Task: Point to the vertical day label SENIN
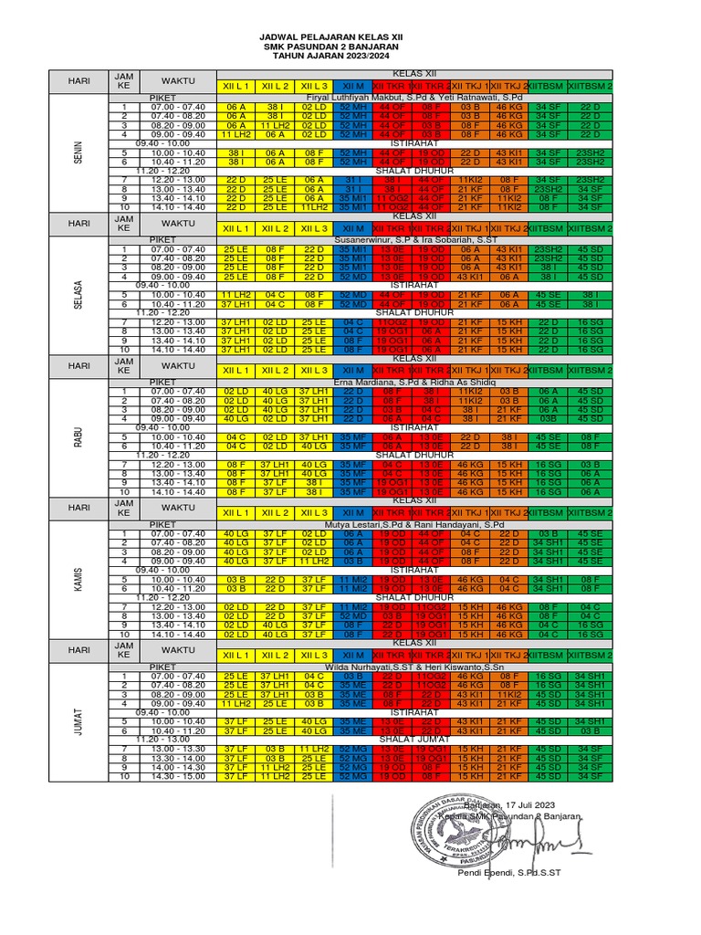click(78, 152)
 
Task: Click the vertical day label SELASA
click(78, 294)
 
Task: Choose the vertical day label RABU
click(78, 436)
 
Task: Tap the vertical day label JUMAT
click(78, 721)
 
